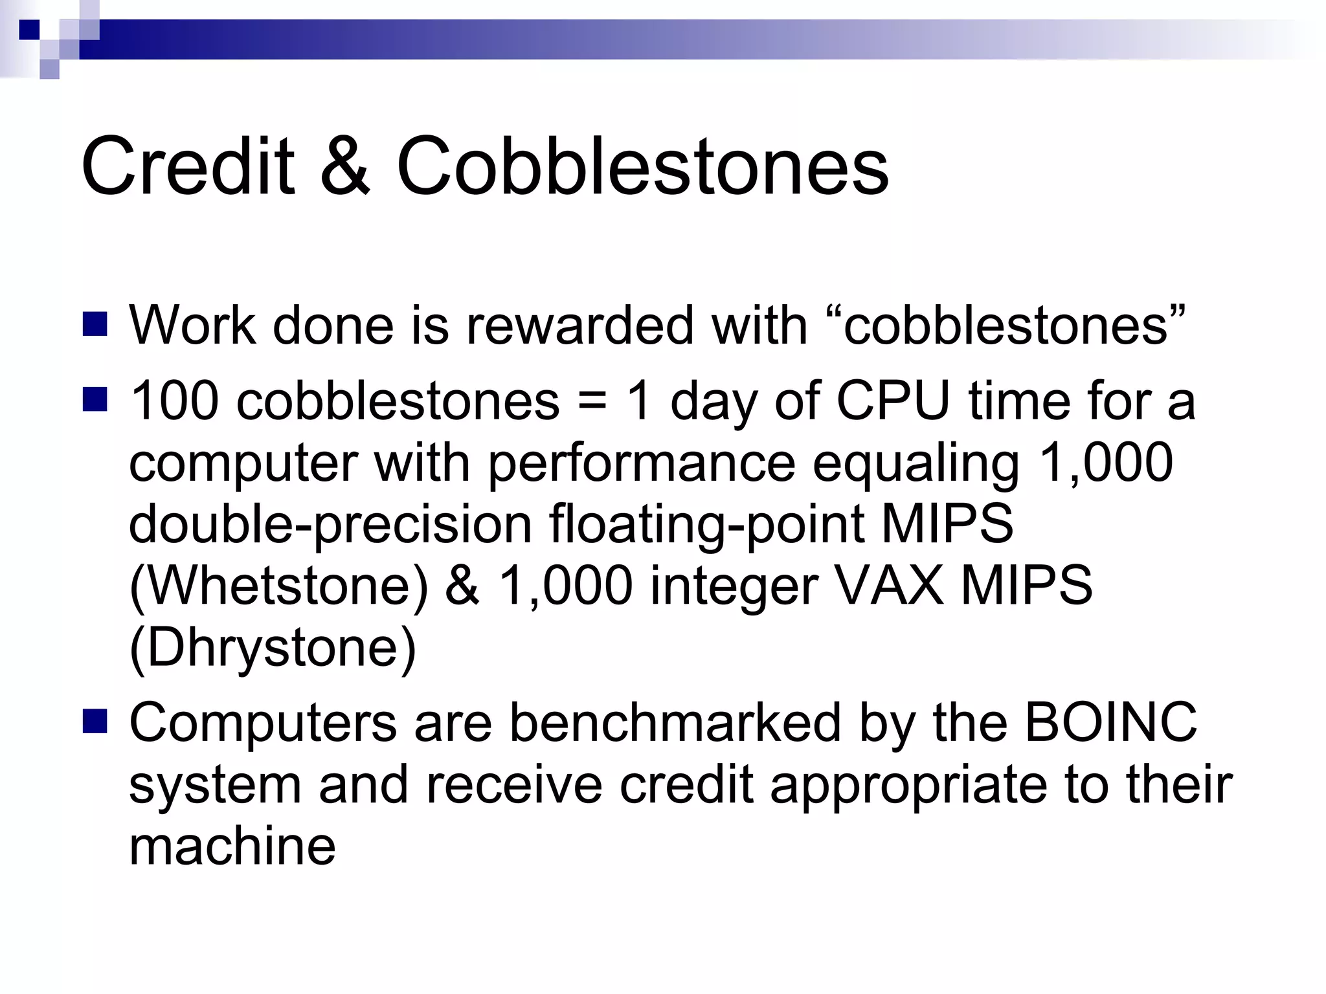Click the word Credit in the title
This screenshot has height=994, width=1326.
coord(188,166)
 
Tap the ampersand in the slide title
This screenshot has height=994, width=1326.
coord(345,166)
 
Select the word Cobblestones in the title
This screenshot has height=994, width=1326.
coord(642,166)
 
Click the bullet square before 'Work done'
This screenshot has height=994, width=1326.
coord(95,324)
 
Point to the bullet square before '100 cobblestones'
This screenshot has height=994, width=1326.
coord(95,400)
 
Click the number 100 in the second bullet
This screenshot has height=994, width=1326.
coord(175,401)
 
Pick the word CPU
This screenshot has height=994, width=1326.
coord(893,401)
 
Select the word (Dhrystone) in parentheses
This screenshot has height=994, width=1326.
coord(273,648)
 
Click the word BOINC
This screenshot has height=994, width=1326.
coord(1111,722)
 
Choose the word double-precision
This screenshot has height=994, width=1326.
coord(330,525)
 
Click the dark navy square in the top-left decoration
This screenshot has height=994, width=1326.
coord(29,29)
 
